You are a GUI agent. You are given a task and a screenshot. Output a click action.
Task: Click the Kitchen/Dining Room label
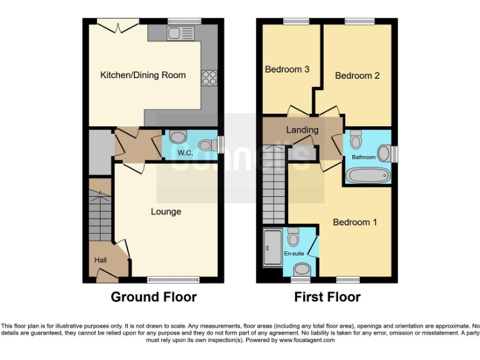point(143,75)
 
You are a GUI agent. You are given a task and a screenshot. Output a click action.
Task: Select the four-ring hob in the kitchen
point(209,78)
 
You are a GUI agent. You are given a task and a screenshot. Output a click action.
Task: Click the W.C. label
point(184,152)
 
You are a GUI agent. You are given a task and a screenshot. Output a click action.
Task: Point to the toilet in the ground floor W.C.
point(178,137)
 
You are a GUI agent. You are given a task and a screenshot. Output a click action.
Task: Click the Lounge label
point(166,211)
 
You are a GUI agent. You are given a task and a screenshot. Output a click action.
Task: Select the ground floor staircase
point(99,216)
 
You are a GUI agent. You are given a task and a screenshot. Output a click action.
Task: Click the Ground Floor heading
point(154,297)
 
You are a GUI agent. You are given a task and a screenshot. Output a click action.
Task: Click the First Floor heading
point(327,297)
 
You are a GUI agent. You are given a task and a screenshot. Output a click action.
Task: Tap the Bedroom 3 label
point(287,69)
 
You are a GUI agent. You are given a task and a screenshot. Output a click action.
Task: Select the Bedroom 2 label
point(357,76)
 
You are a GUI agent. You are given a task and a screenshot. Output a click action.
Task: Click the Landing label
point(302,130)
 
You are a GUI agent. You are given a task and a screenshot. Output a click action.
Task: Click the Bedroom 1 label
point(354,222)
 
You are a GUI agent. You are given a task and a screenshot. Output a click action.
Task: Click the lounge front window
point(168,279)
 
